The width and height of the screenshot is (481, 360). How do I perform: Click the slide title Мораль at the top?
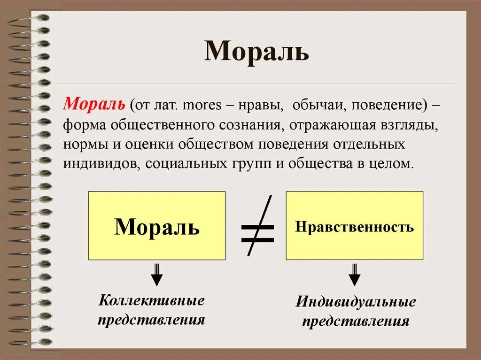pyautogui.click(x=256, y=51)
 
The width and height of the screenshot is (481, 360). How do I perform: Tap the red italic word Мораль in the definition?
pyautogui.click(x=94, y=104)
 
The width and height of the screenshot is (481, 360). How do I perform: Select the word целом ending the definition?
pyautogui.click(x=394, y=164)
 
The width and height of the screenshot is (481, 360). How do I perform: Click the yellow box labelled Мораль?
pyautogui.click(x=157, y=226)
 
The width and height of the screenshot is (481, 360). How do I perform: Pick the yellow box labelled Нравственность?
pyautogui.click(x=354, y=226)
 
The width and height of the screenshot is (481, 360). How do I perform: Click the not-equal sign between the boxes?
pyautogui.click(x=257, y=226)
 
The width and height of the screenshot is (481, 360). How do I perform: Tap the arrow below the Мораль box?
pyautogui.click(x=157, y=275)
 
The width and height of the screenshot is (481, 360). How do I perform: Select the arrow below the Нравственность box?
pyautogui.click(x=355, y=275)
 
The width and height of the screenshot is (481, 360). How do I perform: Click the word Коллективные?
pyautogui.click(x=152, y=300)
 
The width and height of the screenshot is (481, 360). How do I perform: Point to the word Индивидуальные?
pyautogui.click(x=356, y=302)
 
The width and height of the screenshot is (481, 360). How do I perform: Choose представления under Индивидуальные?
pyautogui.click(x=356, y=322)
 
